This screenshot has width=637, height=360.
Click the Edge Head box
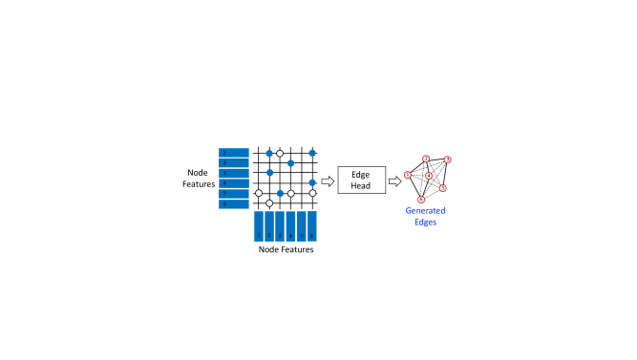(361, 180)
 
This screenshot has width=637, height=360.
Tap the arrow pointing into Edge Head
(328, 180)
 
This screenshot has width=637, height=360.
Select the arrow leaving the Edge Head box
(394, 180)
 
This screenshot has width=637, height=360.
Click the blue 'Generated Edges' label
(425, 216)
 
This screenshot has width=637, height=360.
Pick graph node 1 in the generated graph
(408, 174)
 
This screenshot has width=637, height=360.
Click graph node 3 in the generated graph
(447, 159)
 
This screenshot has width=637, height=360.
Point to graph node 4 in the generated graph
(430, 177)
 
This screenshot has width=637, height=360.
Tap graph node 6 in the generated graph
(421, 200)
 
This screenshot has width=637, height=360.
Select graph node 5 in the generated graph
(443, 188)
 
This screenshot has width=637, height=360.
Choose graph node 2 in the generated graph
(426, 159)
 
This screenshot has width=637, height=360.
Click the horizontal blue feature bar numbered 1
(234, 153)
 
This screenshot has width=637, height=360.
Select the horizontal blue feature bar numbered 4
(234, 183)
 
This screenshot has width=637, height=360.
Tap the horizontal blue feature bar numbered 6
(234, 203)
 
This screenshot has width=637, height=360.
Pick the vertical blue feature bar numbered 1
(259, 225)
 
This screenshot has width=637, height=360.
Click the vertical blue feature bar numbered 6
(311, 225)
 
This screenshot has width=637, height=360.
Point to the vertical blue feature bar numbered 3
(280, 225)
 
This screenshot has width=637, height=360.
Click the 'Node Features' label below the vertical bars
(287, 249)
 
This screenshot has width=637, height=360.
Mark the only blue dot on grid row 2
(290, 163)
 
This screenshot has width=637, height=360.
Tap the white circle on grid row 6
(269, 203)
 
